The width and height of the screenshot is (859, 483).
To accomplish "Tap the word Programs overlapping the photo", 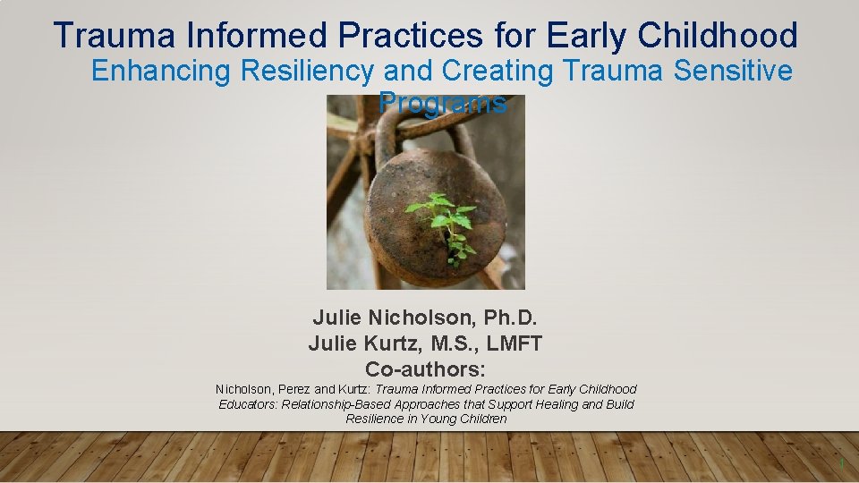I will coord(445,103).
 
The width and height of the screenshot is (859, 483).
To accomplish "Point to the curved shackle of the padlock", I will coord(421,134).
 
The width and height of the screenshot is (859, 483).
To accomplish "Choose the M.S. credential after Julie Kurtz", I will coord(447,343).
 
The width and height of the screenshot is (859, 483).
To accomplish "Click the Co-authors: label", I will coord(425,369).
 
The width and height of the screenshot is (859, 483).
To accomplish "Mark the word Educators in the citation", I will coord(250,404).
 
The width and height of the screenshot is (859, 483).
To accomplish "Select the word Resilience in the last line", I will coord(376,419).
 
